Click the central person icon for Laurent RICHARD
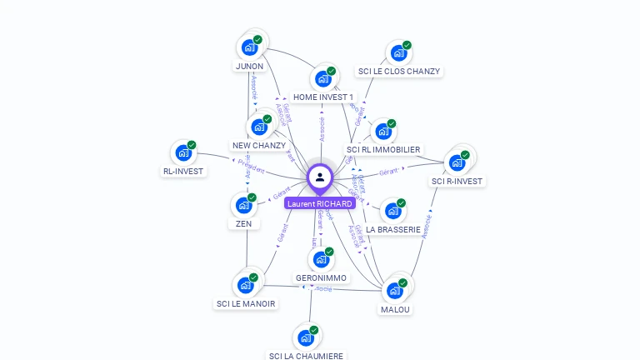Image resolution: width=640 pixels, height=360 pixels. click(x=320, y=177)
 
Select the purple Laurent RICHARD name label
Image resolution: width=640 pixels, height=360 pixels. click(x=320, y=203)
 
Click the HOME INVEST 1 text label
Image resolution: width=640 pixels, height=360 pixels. click(x=323, y=97)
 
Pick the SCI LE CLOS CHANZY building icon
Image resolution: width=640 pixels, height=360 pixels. click(x=398, y=53)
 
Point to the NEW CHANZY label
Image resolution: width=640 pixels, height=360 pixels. click(x=258, y=146)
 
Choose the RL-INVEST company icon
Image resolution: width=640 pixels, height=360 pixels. click(x=182, y=153)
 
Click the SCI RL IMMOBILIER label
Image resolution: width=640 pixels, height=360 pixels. click(x=383, y=150)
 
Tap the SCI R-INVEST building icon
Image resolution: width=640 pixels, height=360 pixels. click(x=457, y=162)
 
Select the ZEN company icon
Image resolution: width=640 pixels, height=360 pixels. click(x=243, y=205)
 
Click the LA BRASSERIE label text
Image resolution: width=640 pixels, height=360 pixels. click(x=393, y=230)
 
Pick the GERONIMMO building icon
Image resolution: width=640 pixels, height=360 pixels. click(x=321, y=259)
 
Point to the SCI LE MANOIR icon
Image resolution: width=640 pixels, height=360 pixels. click(x=245, y=285)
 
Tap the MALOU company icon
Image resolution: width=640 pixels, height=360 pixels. click(x=395, y=291)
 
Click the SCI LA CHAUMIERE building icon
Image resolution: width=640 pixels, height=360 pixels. click(x=306, y=338)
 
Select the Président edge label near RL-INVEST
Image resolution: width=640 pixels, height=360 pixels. click(x=251, y=167)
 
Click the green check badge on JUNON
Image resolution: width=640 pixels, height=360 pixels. click(x=257, y=40)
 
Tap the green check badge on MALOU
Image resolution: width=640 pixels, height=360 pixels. click(x=403, y=283)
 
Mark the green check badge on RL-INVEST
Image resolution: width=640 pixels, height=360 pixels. click(x=192, y=145)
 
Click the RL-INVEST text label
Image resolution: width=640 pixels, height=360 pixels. click(x=183, y=172)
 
